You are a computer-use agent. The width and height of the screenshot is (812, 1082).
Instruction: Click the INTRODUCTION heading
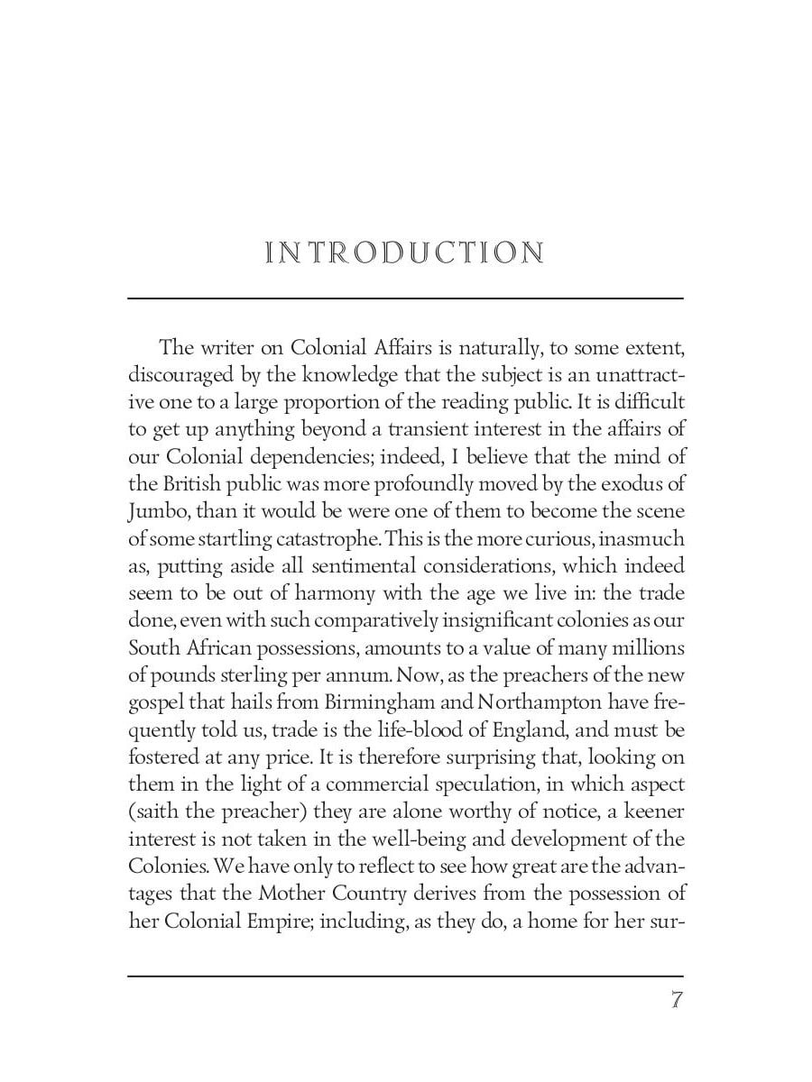(x=405, y=252)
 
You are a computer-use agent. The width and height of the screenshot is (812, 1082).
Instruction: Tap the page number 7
(x=676, y=1001)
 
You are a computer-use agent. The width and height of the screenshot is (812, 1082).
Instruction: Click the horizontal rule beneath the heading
(x=405, y=298)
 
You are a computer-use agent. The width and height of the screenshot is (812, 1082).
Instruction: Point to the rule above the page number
(x=405, y=976)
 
